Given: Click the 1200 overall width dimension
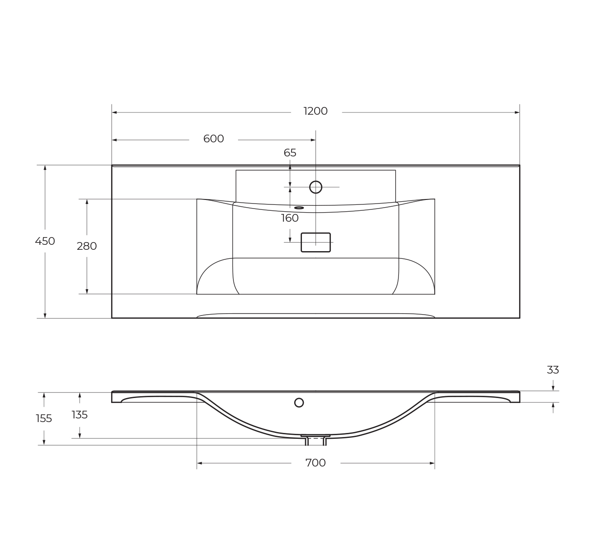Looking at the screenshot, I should coord(316,111).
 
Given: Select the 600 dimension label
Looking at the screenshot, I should coord(214,139).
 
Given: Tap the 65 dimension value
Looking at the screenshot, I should coord(290,153).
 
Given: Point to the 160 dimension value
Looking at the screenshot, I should coord(290,218).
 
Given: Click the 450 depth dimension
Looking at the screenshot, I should coord(45,241).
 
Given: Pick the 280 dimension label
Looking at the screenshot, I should coord(87,246).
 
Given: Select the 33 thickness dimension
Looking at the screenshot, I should coord(553,370).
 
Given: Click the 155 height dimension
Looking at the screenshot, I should coord(44,418).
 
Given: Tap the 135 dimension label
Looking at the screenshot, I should coord(80,415).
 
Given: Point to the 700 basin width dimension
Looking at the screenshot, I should coord(316,463).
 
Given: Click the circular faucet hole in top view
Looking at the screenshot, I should coord(316,187).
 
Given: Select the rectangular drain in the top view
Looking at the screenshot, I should coord(316,243).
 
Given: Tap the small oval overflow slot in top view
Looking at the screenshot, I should coord(299,208).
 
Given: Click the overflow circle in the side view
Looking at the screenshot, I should coord(299,403).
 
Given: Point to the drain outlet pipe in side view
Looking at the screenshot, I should coord(316,441).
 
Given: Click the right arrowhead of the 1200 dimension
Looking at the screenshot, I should coord(517,112).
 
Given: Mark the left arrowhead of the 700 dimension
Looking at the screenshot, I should coord(199,463).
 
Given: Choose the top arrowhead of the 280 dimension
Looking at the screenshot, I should coord(87,202).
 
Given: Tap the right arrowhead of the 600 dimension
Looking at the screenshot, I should coord(313,140).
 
